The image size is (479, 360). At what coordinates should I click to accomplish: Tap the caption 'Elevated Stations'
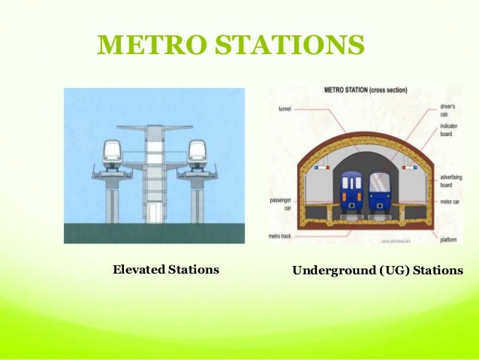coord(165,269)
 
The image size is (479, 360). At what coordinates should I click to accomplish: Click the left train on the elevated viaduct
coord(113,153)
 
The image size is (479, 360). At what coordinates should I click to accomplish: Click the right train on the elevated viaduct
coord(197,153)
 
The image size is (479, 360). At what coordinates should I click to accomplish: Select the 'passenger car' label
coord(279,204)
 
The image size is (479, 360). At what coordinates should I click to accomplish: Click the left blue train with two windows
coord(351,191)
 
